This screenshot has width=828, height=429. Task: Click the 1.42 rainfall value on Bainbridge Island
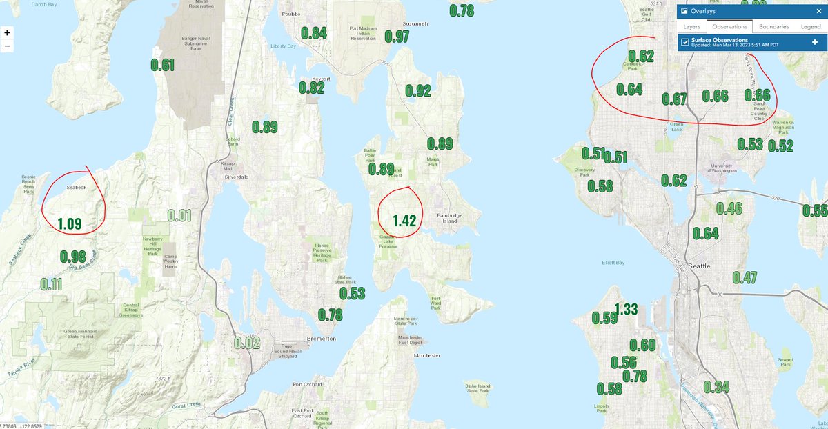click(x=404, y=221)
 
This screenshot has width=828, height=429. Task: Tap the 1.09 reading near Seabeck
click(x=70, y=223)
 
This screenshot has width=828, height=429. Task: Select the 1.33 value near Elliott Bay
click(x=626, y=309)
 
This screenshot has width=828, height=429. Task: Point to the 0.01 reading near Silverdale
click(x=179, y=215)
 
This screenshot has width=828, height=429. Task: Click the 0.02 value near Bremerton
click(x=247, y=343)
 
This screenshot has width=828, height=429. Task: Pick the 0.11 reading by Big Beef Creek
click(x=51, y=284)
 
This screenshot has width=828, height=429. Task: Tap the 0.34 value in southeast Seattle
click(x=717, y=387)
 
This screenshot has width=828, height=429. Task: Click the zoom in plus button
click(x=7, y=32)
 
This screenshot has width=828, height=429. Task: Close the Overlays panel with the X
click(x=818, y=11)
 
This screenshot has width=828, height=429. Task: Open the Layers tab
click(x=691, y=26)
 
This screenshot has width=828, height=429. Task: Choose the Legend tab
click(x=811, y=26)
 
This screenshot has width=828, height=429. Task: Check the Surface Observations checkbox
click(x=685, y=42)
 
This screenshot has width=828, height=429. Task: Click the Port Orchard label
click(x=307, y=384)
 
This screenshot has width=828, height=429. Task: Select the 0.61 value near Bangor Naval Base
click(x=163, y=66)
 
